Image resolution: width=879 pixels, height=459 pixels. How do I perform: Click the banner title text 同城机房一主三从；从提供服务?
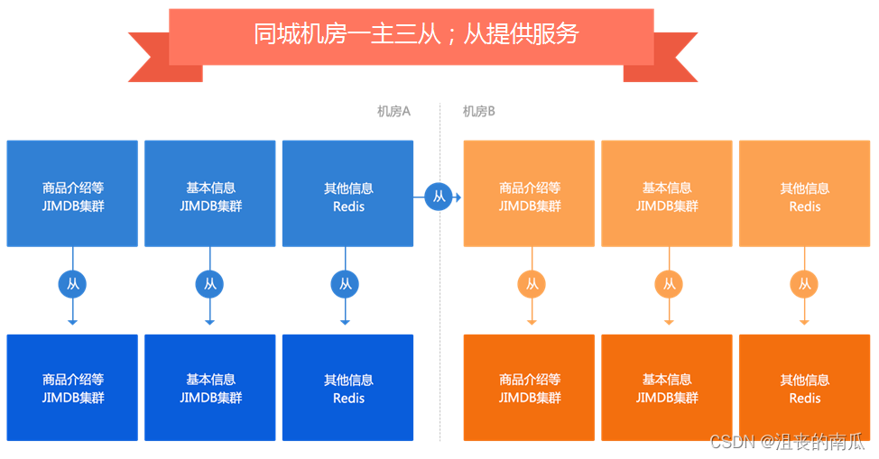pyautogui.click(x=415, y=34)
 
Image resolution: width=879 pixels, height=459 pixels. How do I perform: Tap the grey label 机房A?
pyautogui.click(x=393, y=111)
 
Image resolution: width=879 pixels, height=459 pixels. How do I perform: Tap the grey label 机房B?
pyautogui.click(x=478, y=111)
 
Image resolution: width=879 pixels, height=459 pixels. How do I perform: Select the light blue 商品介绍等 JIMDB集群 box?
pyautogui.click(x=72, y=193)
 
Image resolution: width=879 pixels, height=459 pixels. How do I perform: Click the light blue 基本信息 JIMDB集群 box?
pyautogui.click(x=210, y=193)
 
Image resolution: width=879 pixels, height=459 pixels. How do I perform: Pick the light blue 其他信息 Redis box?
pyautogui.click(x=347, y=193)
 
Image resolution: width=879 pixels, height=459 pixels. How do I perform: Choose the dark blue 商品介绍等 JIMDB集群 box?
pyautogui.click(x=72, y=388)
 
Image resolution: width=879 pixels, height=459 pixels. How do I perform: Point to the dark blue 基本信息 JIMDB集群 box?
pyautogui.click(x=210, y=388)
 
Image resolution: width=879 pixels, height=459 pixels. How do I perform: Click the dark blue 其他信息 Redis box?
pyautogui.click(x=347, y=388)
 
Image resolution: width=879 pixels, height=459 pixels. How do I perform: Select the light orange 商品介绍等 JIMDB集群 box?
pyautogui.click(x=529, y=193)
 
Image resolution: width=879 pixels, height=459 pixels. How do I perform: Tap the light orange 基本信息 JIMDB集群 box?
pyautogui.click(x=667, y=193)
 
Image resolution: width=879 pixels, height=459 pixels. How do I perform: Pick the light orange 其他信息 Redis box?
pyautogui.click(x=804, y=193)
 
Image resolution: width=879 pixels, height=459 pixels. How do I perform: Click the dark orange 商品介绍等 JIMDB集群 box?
pyautogui.click(x=529, y=388)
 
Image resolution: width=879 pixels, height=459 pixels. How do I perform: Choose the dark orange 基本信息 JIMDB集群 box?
pyautogui.click(x=667, y=388)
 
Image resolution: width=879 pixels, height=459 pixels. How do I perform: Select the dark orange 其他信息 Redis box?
pyautogui.click(x=804, y=388)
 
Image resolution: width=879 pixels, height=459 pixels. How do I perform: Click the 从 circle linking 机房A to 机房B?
pyautogui.click(x=439, y=196)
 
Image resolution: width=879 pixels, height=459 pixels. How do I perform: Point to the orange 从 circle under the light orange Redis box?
pyautogui.click(x=804, y=284)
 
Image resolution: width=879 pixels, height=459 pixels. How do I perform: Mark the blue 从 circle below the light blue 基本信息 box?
pyautogui.click(x=209, y=284)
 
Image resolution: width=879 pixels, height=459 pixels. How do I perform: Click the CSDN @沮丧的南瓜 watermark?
pyautogui.click(x=787, y=442)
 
